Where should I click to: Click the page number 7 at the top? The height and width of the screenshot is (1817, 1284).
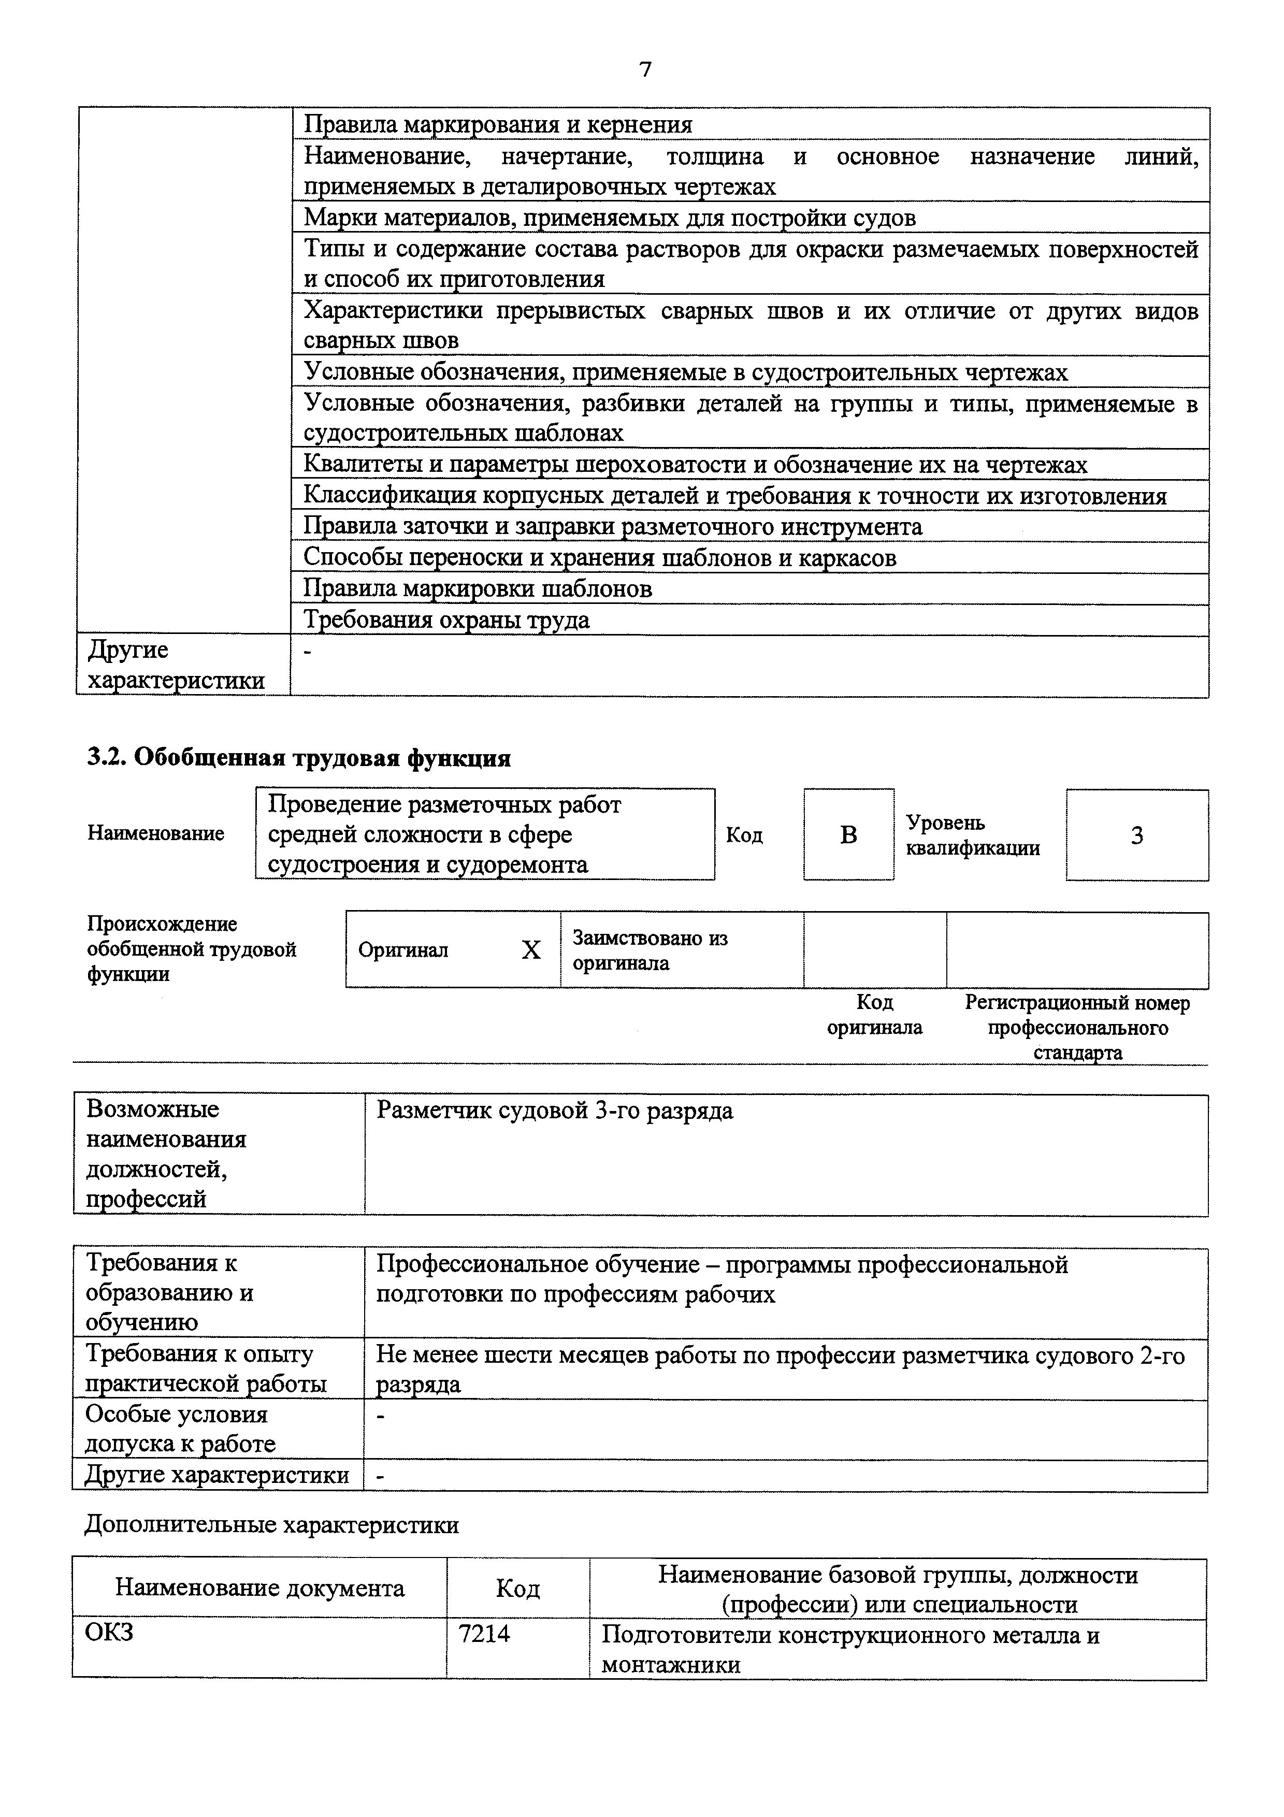click(645, 69)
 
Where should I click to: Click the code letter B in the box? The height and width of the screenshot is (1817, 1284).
click(848, 835)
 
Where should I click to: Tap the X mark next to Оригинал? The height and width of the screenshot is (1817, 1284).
click(531, 949)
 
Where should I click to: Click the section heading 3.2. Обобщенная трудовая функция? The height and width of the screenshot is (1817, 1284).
click(299, 757)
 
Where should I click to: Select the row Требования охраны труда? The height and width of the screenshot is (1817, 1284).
click(447, 619)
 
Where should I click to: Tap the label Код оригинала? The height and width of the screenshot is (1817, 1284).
click(874, 1015)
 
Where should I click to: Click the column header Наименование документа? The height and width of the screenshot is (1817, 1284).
click(259, 1588)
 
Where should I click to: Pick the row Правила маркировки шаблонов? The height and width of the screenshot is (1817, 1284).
click(478, 589)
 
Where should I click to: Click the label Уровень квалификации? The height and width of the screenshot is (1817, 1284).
click(972, 835)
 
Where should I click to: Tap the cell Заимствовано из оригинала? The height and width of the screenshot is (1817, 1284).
click(650, 949)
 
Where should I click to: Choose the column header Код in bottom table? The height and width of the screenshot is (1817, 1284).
click(517, 1588)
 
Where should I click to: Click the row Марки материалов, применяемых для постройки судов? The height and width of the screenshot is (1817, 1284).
click(610, 218)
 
